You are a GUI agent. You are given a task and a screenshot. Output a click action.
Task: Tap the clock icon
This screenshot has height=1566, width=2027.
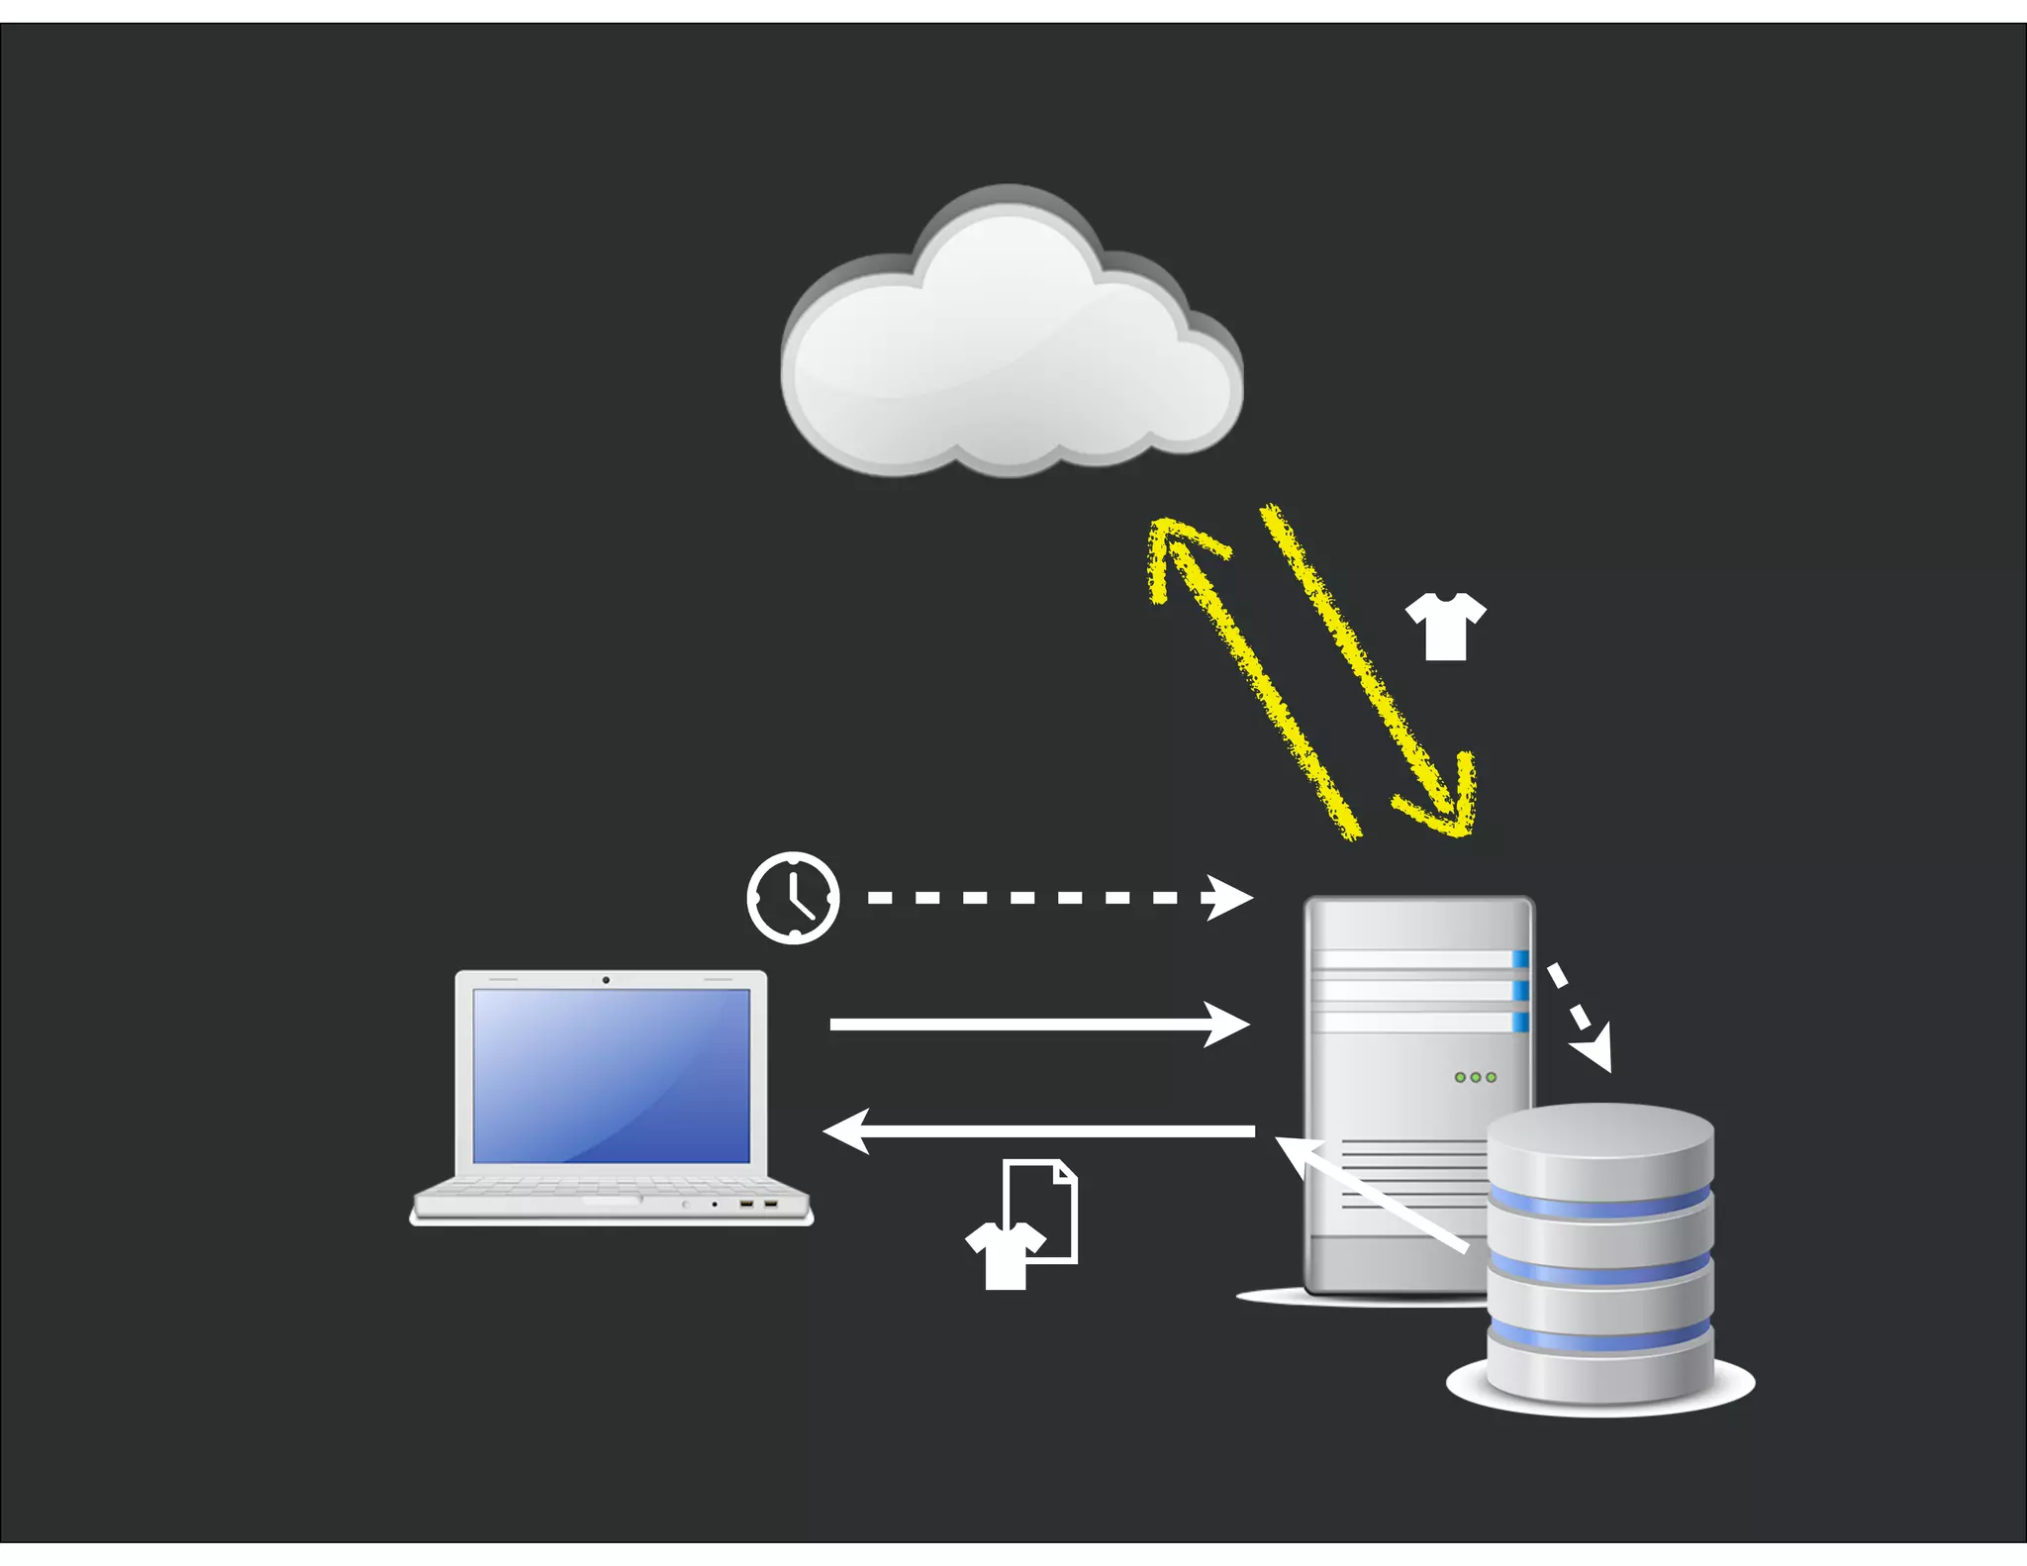coord(793,897)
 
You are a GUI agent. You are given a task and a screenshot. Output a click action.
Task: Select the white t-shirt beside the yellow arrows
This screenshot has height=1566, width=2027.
coord(1445,626)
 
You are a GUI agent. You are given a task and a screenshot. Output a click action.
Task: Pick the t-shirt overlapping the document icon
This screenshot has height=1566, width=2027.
coord(1004,1255)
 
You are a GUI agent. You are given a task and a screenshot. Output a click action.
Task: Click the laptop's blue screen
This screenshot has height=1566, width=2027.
coord(611,1075)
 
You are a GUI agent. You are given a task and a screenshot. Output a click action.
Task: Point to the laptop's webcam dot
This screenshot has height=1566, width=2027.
coord(606,980)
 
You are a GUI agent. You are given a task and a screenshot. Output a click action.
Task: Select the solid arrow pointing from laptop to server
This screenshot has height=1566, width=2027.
coord(1039,1024)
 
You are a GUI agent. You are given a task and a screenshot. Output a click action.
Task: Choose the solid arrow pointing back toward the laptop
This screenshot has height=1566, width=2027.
coord(1039,1130)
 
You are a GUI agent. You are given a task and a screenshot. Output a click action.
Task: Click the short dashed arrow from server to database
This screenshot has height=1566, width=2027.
coord(1581,1018)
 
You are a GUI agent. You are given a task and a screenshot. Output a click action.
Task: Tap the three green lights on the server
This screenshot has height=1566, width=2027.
coord(1475,1077)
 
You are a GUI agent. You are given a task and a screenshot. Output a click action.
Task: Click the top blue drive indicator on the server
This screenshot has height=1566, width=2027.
coord(1519,958)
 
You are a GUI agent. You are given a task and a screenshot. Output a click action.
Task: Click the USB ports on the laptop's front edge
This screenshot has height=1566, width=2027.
coord(758,1204)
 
